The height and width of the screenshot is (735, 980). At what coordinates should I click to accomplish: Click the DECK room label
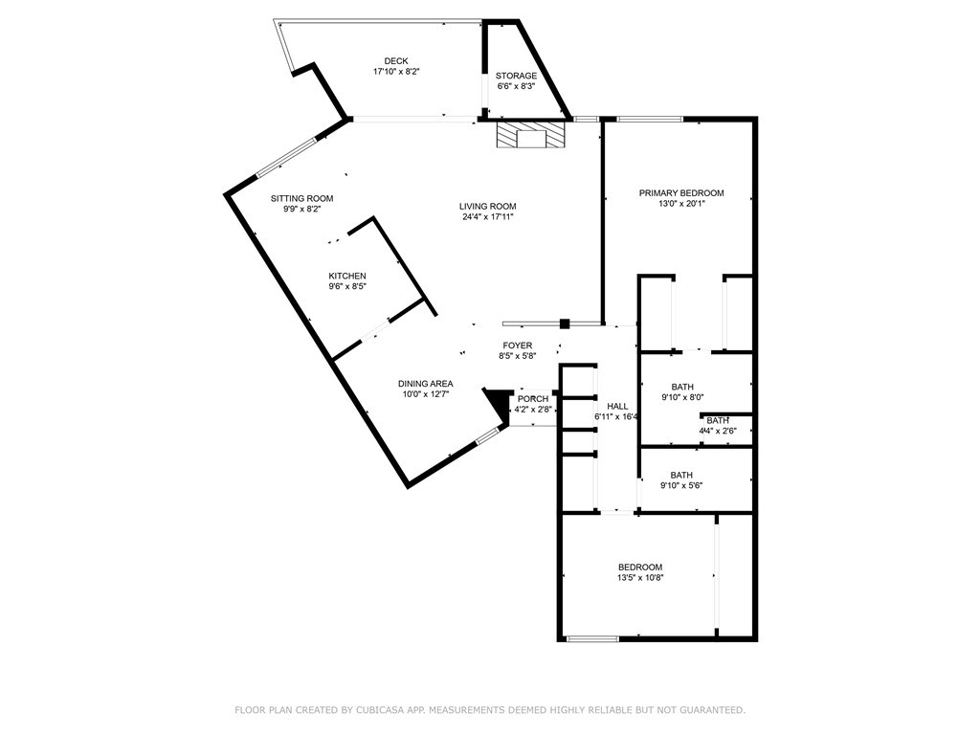coord(395,60)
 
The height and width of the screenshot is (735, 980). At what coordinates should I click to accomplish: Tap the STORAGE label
coord(516,76)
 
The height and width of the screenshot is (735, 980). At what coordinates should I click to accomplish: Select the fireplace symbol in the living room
coord(530,134)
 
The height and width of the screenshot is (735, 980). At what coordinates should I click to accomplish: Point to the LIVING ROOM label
coord(487,207)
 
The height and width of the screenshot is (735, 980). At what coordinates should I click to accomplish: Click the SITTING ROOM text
coord(301,199)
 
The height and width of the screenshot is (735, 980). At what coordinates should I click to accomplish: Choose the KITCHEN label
coord(347,276)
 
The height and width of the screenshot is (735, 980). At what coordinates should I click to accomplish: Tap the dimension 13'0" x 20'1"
coord(681,203)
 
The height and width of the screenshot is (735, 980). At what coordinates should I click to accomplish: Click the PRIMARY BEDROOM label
coord(681,193)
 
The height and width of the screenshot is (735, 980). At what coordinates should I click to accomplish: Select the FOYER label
coord(518,345)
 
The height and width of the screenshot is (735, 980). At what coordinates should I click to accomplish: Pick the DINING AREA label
coord(426,384)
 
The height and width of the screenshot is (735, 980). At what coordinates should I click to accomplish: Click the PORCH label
coord(533,399)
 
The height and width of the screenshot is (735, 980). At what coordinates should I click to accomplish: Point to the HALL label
coord(617,406)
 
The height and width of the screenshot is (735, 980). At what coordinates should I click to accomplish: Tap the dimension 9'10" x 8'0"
coord(682,397)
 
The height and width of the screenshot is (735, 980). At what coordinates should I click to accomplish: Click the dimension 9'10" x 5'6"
coord(681,485)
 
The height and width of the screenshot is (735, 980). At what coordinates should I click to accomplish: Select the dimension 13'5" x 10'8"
coord(640,577)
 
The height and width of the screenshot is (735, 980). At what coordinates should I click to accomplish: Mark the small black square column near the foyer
coord(565,323)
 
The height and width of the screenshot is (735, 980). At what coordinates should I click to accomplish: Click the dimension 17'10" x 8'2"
coord(396,71)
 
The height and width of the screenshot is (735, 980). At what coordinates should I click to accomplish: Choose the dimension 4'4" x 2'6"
coord(718,431)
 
